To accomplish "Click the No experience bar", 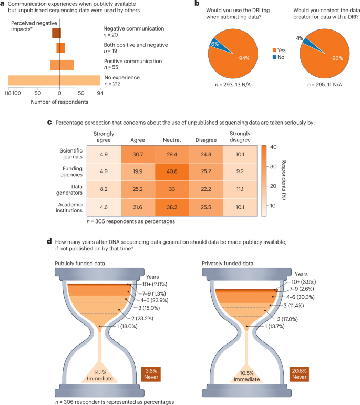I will click(x=54, y=80).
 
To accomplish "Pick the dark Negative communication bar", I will click(x=56, y=33).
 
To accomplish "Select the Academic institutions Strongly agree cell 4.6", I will click(x=102, y=207).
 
